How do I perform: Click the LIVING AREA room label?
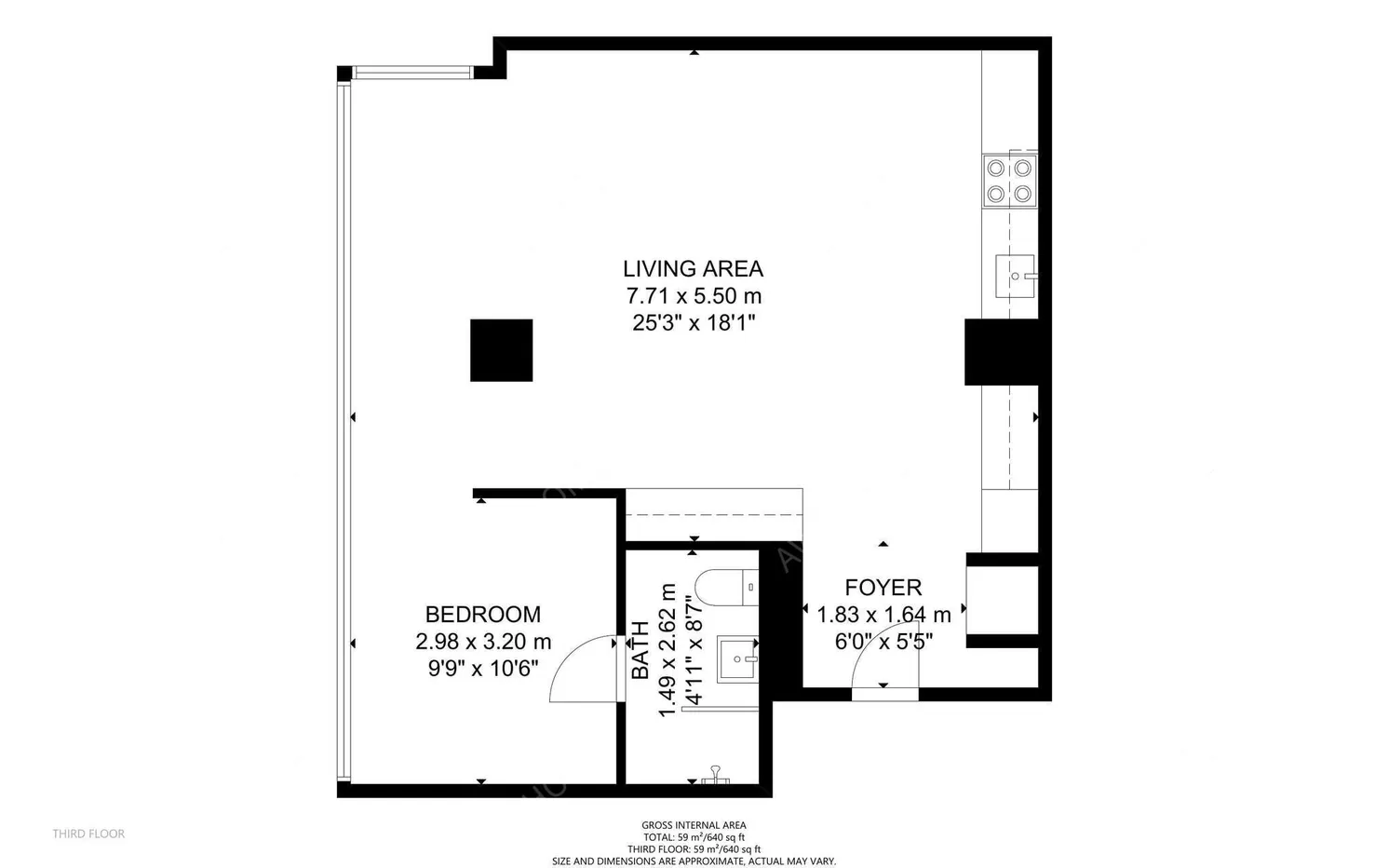coord(693,269)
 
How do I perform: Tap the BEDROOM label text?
coord(482,615)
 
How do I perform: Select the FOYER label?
coord(883,588)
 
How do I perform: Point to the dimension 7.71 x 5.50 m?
coord(694,297)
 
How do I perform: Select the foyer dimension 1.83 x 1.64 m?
coord(883,615)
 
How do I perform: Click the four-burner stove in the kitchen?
coord(1009,181)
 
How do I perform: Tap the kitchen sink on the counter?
coord(1015,277)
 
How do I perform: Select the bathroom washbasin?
coord(737,658)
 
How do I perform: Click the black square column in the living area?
coord(501,350)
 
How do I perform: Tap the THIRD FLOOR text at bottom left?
coord(88,834)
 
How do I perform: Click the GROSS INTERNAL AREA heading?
coord(694,825)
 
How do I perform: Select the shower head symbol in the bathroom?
coord(716,774)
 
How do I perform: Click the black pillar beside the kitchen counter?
coord(1001,352)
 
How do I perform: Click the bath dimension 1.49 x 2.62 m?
coord(667,650)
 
